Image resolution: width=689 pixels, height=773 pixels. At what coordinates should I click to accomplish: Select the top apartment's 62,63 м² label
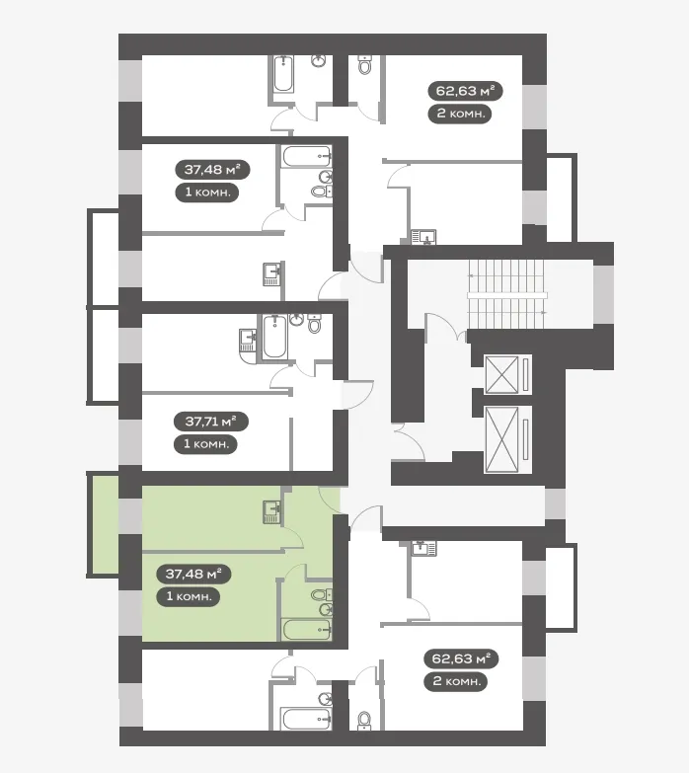(x=465, y=91)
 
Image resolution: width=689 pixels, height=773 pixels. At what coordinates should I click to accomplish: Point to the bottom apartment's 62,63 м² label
(x=461, y=658)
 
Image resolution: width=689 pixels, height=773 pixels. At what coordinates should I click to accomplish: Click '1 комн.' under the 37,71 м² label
(x=206, y=444)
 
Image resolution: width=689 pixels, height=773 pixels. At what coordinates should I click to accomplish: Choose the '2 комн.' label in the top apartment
(x=460, y=114)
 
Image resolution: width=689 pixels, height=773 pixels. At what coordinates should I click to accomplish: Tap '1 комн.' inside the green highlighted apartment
(x=189, y=596)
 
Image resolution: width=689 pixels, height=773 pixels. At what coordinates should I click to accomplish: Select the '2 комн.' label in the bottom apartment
(x=456, y=681)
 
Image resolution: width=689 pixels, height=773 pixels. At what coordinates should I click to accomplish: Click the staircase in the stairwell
(x=507, y=294)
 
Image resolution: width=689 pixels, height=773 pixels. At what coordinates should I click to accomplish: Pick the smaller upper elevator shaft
(x=508, y=375)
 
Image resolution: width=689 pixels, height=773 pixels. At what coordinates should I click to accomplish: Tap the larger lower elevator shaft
(x=508, y=439)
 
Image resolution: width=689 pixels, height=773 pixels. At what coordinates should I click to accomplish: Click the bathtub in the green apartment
(x=306, y=630)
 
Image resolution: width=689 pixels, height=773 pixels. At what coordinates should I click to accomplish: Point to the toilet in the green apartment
(x=322, y=595)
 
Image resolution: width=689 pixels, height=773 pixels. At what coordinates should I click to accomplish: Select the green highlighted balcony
(x=104, y=524)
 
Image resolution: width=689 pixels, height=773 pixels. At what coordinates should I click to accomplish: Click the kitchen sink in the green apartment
(x=271, y=512)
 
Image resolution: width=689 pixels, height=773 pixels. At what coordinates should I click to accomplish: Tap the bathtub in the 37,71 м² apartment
(x=274, y=338)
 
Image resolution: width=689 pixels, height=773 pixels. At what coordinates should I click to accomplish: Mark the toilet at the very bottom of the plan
(x=364, y=721)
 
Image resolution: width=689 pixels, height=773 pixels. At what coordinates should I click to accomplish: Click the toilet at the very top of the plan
(x=364, y=64)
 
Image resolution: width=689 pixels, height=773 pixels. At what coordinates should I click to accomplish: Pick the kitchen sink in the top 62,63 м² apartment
(x=423, y=237)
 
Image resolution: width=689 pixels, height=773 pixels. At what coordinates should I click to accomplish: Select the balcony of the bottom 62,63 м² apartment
(x=561, y=586)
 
